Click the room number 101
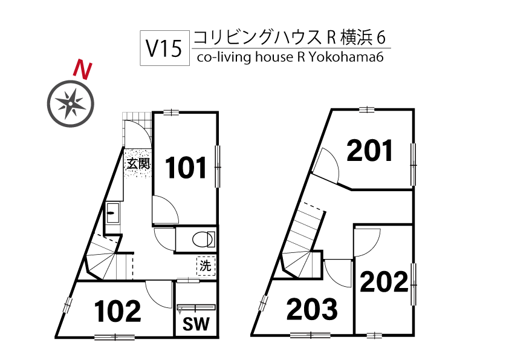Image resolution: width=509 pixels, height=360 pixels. point(187,168)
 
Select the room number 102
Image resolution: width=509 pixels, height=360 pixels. point(118,311)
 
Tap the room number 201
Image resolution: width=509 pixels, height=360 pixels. point(370,151)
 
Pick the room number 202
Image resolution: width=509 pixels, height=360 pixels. point(384,281)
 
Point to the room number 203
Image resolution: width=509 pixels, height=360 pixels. point(312,310)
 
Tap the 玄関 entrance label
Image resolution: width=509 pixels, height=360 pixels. point(138,163)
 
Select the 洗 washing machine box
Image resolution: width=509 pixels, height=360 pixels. point(205,265)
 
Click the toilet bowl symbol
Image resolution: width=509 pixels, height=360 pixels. point(203,239)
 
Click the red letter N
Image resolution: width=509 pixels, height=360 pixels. point(82,70)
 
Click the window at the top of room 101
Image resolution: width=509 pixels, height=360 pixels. point(171,112)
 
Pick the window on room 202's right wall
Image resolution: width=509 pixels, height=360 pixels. point(414,276)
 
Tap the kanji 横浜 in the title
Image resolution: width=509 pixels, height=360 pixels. point(356,38)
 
